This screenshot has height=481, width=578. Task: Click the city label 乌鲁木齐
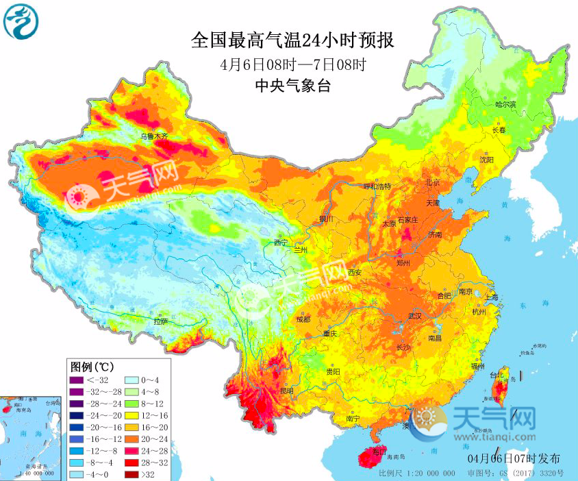click(154, 137)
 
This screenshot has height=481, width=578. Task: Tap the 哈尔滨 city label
click(505, 104)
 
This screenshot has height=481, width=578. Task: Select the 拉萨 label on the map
click(160, 321)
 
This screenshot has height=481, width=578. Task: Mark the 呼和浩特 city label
click(377, 186)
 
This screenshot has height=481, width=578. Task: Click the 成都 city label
click(303, 319)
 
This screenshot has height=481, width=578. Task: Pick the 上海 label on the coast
click(490, 297)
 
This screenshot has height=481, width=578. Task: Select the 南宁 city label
click(353, 418)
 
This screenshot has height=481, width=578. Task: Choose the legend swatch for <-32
click(75, 380)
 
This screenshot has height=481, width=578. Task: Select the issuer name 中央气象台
click(292, 86)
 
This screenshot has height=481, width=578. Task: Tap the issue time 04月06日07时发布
click(503, 457)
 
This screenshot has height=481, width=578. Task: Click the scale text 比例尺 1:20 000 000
click(416, 473)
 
